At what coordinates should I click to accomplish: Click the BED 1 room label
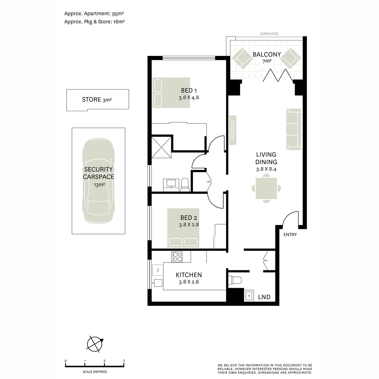[189, 90]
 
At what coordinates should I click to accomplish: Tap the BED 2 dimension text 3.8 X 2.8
[189, 225]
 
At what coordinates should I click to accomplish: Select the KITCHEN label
[189, 275]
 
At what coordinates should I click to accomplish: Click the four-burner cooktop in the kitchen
[177, 257]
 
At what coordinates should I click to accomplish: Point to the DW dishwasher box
[158, 270]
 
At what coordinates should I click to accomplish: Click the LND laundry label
[264, 297]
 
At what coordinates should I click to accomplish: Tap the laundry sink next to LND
[249, 295]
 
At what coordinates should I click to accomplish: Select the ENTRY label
[290, 234]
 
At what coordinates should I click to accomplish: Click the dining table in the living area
[266, 188]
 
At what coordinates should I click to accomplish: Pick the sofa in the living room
[294, 129]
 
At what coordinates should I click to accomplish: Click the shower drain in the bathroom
[161, 147]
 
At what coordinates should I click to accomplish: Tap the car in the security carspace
[98, 181]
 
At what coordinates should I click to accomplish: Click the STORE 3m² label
[97, 100]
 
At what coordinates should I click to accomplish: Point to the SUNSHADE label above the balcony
[269, 33]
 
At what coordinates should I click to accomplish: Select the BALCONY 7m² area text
[267, 57]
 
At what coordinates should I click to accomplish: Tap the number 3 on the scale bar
[124, 361]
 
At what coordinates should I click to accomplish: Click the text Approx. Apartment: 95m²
[94, 14]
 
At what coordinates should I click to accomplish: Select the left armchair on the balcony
[242, 58]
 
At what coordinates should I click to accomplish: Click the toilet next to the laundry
[235, 280]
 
